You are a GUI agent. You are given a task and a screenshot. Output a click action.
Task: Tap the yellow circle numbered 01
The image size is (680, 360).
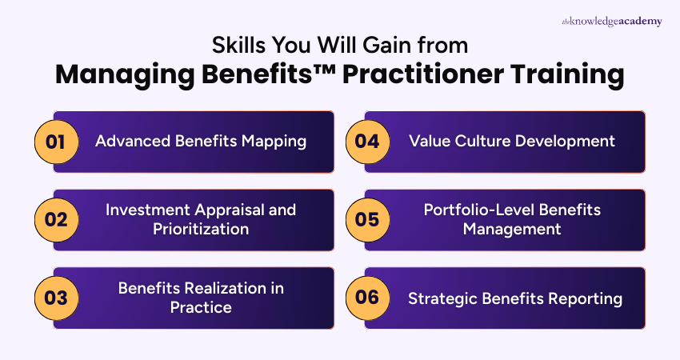pyautogui.click(x=56, y=142)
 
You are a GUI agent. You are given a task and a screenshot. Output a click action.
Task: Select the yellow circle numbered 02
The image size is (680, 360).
pyautogui.click(x=56, y=220)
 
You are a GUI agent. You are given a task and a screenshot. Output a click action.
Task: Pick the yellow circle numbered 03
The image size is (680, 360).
pyautogui.click(x=56, y=298)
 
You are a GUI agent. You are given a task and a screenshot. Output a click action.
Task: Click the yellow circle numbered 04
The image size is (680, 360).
pyautogui.click(x=367, y=142)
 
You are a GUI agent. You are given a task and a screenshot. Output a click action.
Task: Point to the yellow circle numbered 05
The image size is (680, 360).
pyautogui.click(x=367, y=220)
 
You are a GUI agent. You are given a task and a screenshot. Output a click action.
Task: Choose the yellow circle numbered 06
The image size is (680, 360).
pyautogui.click(x=367, y=298)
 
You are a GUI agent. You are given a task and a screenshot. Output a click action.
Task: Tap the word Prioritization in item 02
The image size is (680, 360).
pyautogui.click(x=202, y=230)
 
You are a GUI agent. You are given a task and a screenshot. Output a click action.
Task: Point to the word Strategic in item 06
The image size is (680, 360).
pyautogui.click(x=438, y=298)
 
